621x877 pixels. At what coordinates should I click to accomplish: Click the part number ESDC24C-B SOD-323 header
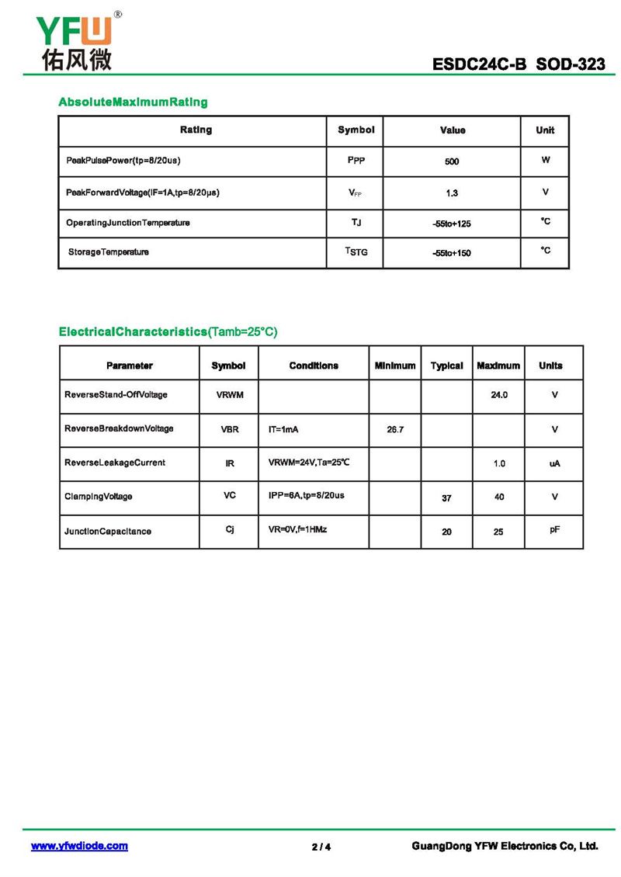point(519,64)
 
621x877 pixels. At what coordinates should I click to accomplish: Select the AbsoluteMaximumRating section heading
point(133,102)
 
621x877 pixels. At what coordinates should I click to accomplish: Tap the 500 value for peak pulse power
point(452,161)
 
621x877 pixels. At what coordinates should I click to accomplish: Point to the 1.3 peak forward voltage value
point(452,192)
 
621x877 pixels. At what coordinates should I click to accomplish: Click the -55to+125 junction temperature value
point(452,224)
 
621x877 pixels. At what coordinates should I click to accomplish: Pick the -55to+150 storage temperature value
point(452,253)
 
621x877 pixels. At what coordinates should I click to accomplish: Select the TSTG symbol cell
point(356,251)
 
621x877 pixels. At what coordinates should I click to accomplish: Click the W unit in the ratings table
point(545,160)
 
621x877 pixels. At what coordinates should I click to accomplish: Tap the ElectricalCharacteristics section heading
point(168,331)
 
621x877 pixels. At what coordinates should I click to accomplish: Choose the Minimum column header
point(394,366)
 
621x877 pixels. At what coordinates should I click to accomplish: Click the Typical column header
point(446,366)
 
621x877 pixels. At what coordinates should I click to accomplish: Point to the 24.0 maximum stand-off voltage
point(499,395)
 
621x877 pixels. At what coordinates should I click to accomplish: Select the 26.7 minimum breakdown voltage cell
point(395,429)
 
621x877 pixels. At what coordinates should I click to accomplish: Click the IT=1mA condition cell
point(284,429)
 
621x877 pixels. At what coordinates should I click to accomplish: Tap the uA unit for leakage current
point(554,463)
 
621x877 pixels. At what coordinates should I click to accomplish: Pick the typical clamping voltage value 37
point(446,497)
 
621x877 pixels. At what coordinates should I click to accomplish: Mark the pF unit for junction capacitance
point(554,530)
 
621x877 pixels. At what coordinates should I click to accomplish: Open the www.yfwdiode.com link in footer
point(79,846)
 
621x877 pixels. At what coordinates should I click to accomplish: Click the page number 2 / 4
point(321,847)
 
